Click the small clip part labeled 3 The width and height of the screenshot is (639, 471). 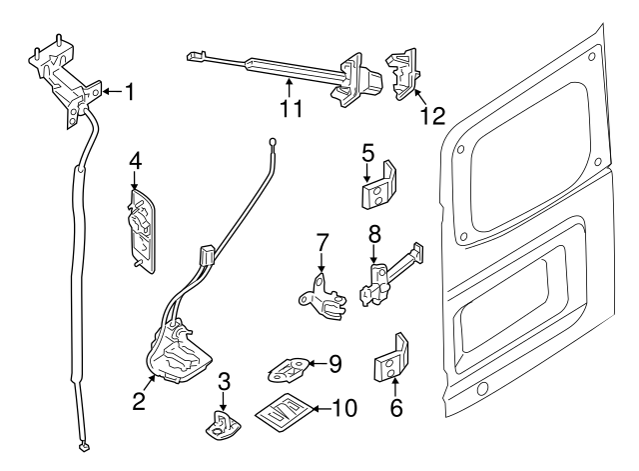click(x=226, y=425)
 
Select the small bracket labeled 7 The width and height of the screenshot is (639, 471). click(x=319, y=297)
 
